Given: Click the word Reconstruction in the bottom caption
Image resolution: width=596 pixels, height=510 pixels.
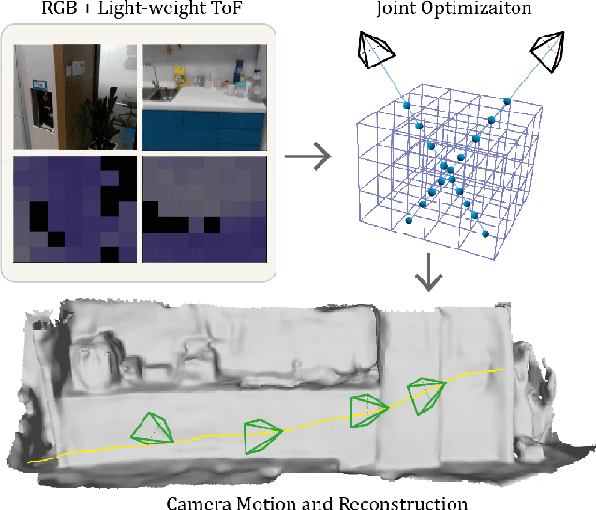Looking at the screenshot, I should click(404, 502).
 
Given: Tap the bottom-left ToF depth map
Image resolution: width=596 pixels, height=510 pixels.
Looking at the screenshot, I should click(75, 208).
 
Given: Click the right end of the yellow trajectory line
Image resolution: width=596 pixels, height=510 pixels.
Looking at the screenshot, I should click(506, 369).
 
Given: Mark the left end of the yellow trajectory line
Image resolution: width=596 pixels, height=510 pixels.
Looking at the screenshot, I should click(31, 462).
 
